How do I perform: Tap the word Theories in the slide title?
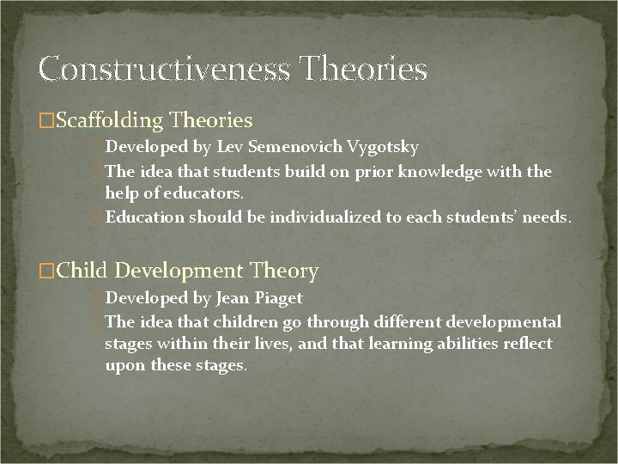click(x=366, y=69)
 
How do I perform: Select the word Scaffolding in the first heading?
click(x=108, y=120)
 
